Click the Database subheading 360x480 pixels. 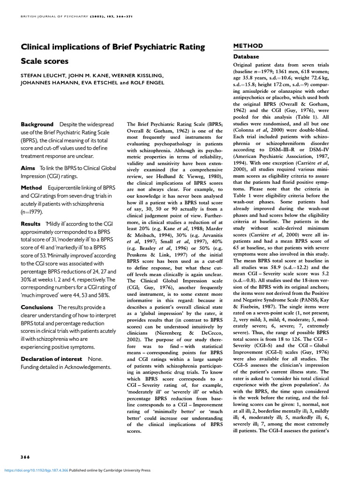[248, 56]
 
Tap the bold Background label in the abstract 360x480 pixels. [37, 124]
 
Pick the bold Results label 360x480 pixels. [31, 224]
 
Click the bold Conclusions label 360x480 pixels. [37, 307]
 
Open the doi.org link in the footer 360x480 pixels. [36, 470]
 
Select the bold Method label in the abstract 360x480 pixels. [32, 187]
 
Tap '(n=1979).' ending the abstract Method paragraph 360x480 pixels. [34, 212]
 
